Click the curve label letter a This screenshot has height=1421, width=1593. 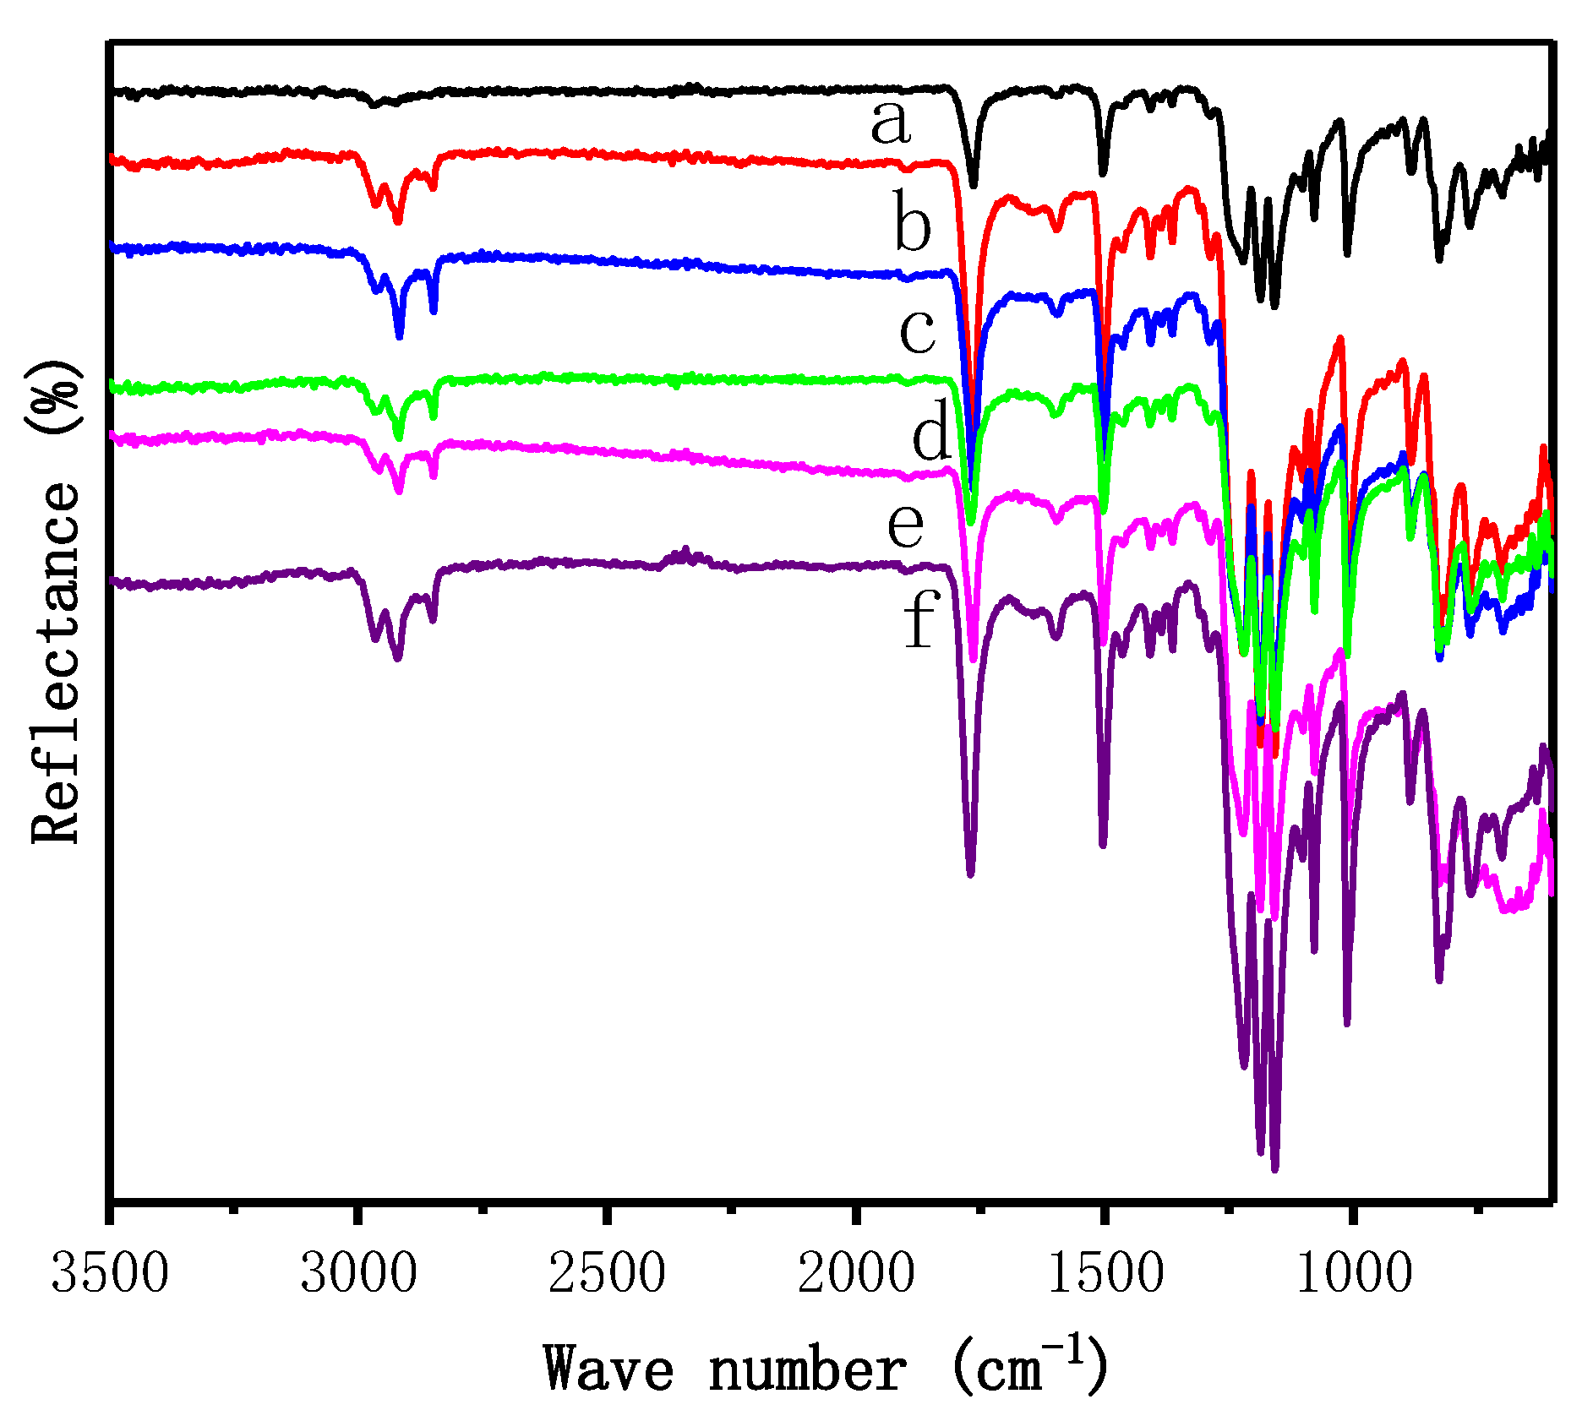[x=891, y=123]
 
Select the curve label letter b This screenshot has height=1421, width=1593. [x=913, y=226]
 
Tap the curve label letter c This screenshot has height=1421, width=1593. [x=917, y=331]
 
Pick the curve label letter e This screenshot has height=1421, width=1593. [x=905, y=525]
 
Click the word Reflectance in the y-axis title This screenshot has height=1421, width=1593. [x=56, y=663]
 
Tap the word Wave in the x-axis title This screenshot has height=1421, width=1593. [x=608, y=1369]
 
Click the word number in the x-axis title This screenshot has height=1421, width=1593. [x=807, y=1369]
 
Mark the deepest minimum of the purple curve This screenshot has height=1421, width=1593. [x=1274, y=1168]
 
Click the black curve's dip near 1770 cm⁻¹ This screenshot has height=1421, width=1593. [x=974, y=184]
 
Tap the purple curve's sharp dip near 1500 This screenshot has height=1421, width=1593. [x=1103, y=843]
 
